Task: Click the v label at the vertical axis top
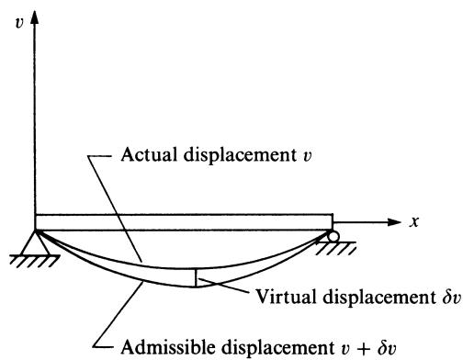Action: point(19,23)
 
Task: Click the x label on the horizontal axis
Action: point(414,221)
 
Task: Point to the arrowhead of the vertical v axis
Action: point(35,17)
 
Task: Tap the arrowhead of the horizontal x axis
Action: point(394,222)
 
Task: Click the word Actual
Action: point(149,154)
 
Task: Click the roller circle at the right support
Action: point(333,236)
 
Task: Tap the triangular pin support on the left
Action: point(35,242)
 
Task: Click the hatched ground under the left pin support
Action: point(34,261)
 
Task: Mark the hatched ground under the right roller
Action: point(336,248)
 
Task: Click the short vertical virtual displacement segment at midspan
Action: point(196,278)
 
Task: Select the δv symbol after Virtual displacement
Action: point(451,297)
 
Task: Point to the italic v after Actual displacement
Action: point(307,156)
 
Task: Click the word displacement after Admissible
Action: point(278,348)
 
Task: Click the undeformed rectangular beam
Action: point(184,222)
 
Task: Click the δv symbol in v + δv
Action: point(387,347)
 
